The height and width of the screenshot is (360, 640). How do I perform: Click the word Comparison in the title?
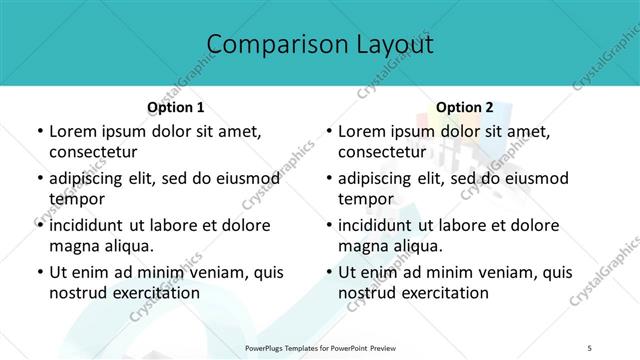tap(270, 45)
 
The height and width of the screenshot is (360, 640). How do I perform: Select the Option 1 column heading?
tap(175, 107)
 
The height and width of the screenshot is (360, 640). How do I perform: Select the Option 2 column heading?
tap(464, 107)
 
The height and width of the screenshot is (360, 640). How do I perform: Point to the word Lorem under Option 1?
tap(73, 131)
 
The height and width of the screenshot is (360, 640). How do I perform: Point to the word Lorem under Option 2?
tap(362, 131)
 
